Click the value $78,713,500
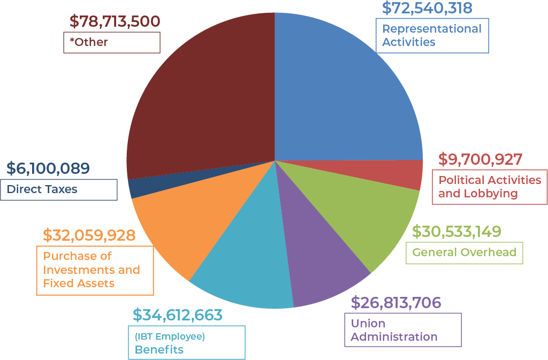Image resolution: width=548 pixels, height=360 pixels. pyautogui.click(x=115, y=21)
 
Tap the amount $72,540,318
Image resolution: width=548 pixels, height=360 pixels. pyautogui.click(x=427, y=8)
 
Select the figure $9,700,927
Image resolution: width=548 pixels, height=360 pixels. pyautogui.click(x=480, y=159)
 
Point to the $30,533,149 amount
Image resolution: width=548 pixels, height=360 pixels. pyautogui.click(x=456, y=231)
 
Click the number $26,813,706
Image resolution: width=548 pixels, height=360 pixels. pyautogui.click(x=396, y=303)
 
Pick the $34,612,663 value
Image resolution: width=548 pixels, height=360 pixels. pyautogui.click(x=177, y=315)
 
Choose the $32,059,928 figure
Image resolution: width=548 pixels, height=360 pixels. pyautogui.click(x=89, y=235)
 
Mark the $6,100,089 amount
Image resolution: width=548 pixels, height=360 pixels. pyautogui.click(x=48, y=168)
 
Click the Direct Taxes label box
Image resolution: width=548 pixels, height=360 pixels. pyautogui.click(x=58, y=189)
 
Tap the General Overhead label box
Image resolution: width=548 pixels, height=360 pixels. pyautogui.click(x=464, y=252)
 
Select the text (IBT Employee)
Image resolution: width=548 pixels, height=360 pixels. pyautogui.click(x=170, y=336)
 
